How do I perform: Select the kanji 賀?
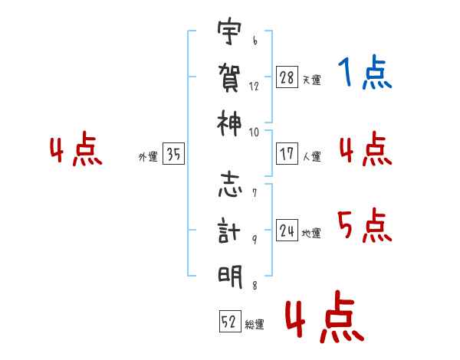(x=230, y=77)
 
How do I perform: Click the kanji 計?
(x=230, y=231)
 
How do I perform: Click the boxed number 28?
(x=287, y=77)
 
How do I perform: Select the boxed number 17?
(x=287, y=154)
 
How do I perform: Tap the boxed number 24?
(x=287, y=231)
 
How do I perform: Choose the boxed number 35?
(x=173, y=155)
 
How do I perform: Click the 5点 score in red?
(x=365, y=227)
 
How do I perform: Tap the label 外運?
(x=148, y=157)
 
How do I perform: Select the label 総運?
(x=255, y=325)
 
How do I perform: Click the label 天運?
(x=311, y=80)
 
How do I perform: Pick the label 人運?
(x=311, y=156)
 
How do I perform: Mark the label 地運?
(x=311, y=233)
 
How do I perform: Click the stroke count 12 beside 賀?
(x=255, y=87)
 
